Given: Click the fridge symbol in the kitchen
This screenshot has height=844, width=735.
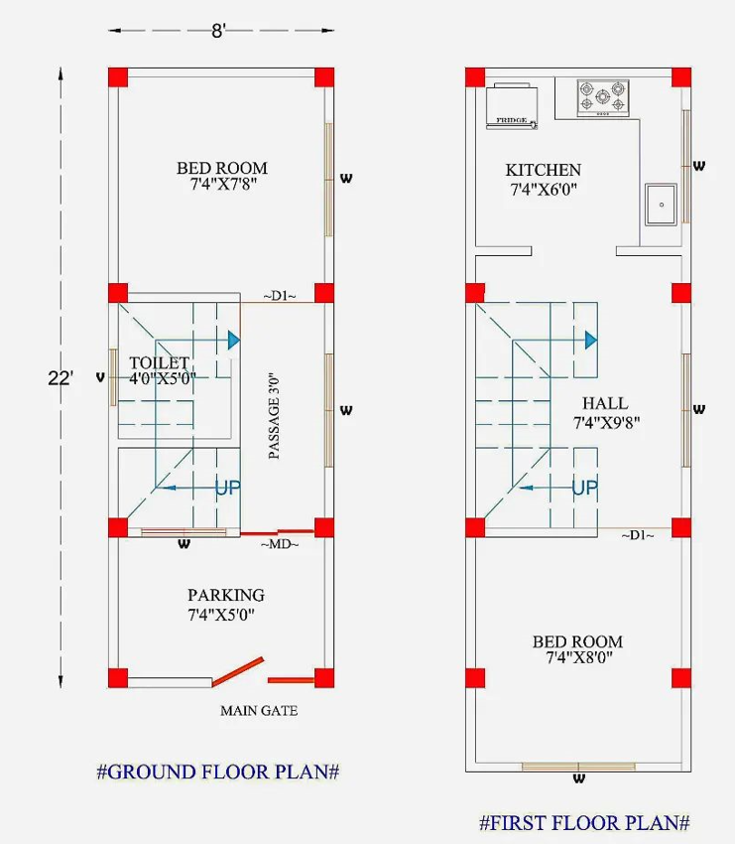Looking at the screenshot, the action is tap(512, 106).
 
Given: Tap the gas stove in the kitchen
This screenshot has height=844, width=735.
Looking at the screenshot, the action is tap(603, 98).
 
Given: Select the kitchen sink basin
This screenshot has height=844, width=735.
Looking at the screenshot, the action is tap(661, 204).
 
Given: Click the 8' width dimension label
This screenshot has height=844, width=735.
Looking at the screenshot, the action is tap(218, 31).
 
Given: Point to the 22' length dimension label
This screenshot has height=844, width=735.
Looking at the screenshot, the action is tap(60, 378).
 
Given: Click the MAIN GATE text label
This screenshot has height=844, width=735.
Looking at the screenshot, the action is tap(259, 711).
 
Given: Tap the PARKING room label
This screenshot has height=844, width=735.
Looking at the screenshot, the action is tap(226, 595).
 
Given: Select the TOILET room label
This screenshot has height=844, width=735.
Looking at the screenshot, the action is tap(159, 362).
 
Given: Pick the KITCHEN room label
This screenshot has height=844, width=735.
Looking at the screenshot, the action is tap(543, 170).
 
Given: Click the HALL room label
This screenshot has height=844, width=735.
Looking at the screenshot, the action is tap(605, 403).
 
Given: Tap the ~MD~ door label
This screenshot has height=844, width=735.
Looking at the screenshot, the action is tap(280, 544).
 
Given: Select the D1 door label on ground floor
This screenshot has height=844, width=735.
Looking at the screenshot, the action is tap(280, 296).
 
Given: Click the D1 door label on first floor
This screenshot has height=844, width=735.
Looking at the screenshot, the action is tap(638, 535).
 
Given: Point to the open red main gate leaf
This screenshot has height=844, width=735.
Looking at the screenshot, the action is tap(238, 672).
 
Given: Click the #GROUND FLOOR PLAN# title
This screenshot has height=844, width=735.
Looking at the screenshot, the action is tap(218, 772).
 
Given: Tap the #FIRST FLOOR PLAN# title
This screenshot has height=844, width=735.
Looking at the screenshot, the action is tap(584, 822).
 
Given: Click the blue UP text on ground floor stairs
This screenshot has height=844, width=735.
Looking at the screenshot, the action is tap(228, 488).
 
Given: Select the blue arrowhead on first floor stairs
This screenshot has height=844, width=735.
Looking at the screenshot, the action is tap(591, 341).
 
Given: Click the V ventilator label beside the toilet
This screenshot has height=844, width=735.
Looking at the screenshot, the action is tap(100, 378).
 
